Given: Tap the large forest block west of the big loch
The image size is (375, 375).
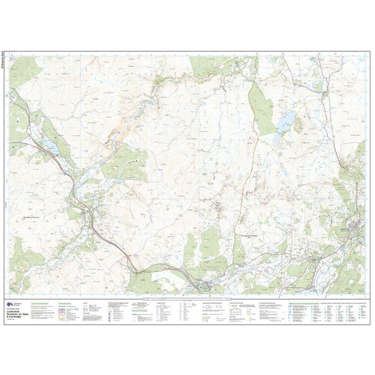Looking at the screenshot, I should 261,106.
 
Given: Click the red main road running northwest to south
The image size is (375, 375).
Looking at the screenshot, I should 109,235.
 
